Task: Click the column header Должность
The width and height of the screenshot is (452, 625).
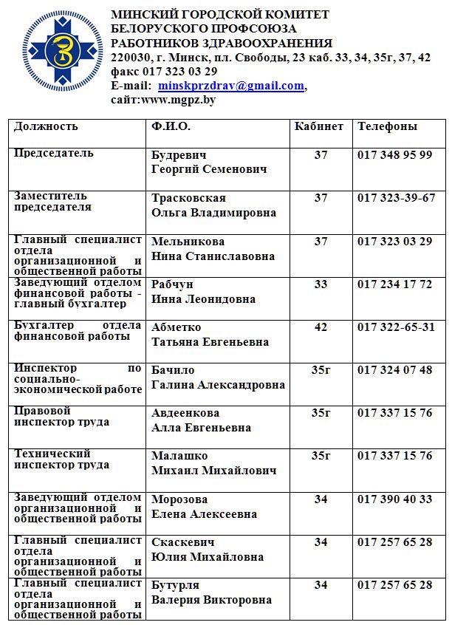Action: (x=46, y=126)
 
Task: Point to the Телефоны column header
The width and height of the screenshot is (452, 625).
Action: (x=387, y=126)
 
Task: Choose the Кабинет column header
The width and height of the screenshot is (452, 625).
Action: (x=319, y=126)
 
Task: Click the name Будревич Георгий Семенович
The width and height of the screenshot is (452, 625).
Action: (x=209, y=162)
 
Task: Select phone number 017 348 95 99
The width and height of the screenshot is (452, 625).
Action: (x=394, y=155)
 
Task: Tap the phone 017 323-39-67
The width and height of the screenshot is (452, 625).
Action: (x=396, y=198)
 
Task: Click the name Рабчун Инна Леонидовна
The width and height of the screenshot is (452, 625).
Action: (x=204, y=292)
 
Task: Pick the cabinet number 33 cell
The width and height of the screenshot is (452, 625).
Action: (x=321, y=284)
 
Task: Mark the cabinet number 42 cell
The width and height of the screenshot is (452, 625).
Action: (x=321, y=327)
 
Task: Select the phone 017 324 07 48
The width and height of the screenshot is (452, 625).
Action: (x=394, y=370)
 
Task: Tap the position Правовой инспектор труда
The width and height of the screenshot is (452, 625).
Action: (x=62, y=417)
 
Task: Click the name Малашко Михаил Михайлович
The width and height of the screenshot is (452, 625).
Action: (x=213, y=463)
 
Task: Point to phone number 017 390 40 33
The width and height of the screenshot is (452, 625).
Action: (x=394, y=499)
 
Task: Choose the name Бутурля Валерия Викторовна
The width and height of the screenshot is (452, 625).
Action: (x=211, y=592)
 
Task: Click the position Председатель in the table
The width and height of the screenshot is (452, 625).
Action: (x=54, y=153)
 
